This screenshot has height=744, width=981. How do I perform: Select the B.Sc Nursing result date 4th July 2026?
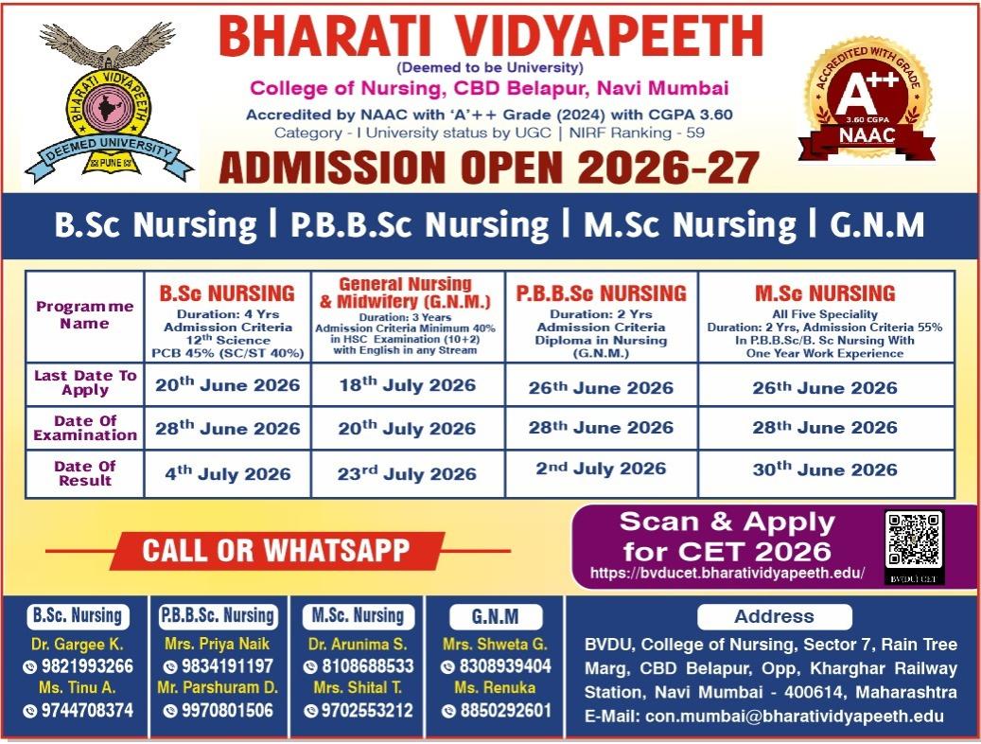point(227,473)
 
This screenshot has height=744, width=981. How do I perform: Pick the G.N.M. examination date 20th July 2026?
point(408,428)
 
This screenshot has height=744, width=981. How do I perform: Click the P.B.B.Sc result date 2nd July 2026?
point(601,469)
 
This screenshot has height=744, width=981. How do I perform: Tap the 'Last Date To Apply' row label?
point(85,382)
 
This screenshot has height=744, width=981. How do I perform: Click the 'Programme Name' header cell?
point(84,315)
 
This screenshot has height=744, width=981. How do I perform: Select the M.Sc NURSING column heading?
point(825,293)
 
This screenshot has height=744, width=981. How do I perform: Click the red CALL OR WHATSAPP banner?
point(275,550)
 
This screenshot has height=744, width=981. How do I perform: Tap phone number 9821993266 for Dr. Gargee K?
point(83,665)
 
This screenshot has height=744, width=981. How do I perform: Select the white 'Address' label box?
point(774,617)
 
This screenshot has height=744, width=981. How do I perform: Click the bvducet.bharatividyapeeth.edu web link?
point(727,573)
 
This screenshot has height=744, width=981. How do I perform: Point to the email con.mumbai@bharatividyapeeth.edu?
point(764,717)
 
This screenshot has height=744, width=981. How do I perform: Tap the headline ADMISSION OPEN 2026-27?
point(488,168)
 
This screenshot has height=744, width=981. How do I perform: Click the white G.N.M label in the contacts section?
point(496,617)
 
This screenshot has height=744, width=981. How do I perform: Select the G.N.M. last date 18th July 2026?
point(408,385)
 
